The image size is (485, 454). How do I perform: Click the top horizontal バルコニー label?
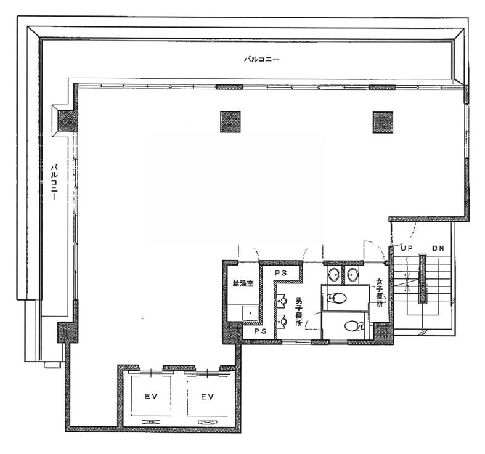click(262, 59)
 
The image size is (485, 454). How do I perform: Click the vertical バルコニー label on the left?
click(55, 182)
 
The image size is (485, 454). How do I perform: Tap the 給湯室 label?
click(243, 283)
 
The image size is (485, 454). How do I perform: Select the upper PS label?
click(281, 273)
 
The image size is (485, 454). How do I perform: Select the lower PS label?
click(260, 331)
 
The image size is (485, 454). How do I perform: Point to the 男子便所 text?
click(299, 312)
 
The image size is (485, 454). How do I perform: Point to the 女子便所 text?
click(379, 293)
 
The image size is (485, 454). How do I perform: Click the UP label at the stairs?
click(407, 248)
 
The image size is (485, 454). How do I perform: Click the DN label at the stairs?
click(438, 248)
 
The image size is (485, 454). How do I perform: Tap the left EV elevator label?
click(151, 397)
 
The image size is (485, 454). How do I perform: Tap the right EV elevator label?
click(207, 397)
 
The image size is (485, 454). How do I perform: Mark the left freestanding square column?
click(230, 122)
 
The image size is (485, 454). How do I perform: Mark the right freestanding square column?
click(383, 122)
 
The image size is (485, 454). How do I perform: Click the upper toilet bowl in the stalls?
click(337, 298)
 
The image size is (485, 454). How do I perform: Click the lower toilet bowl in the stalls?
click(354, 325)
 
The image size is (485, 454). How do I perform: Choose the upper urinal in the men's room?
click(281, 301)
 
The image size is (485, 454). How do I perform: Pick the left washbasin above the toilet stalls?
click(334, 274)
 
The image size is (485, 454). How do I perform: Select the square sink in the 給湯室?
click(250, 314)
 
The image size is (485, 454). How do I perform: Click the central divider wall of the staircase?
click(423, 278)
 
